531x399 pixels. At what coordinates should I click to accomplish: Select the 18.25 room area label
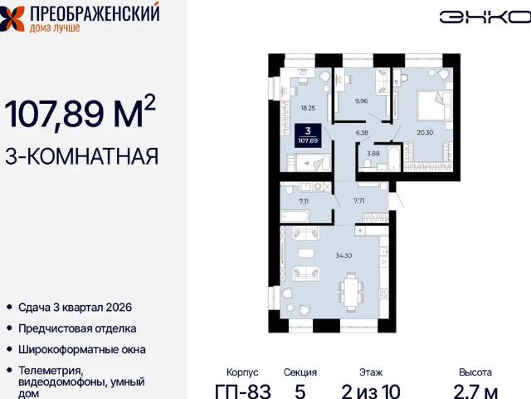pyautogui.click(x=308, y=106)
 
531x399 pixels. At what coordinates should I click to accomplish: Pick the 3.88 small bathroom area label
pyautogui.click(x=373, y=153)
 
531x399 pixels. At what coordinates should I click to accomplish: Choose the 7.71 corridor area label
pyautogui.click(x=359, y=200)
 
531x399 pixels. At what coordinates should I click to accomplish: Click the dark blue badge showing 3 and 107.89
pyautogui.click(x=308, y=135)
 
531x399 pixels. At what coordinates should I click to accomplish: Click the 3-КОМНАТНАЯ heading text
pyautogui.click(x=81, y=155)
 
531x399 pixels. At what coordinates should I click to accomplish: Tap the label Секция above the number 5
pyautogui.click(x=300, y=372)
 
